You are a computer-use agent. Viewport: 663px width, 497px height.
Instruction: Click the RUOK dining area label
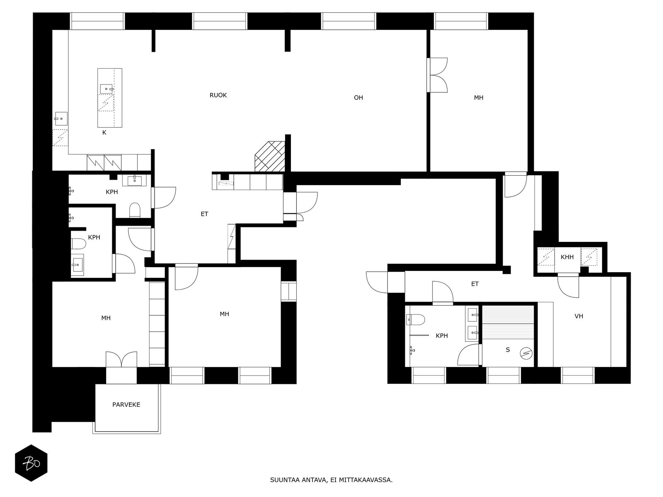(x=218, y=95)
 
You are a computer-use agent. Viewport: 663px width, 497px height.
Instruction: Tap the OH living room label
(x=358, y=98)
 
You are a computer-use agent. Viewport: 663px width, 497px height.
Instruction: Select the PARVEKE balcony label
(x=126, y=405)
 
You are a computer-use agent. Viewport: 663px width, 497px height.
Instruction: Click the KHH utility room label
(x=567, y=257)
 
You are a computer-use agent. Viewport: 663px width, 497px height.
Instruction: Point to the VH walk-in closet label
(x=579, y=316)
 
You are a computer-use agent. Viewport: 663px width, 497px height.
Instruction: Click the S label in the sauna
(x=508, y=350)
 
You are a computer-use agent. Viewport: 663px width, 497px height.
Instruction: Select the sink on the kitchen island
(x=106, y=88)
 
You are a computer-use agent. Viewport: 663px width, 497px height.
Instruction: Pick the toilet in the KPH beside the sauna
(x=416, y=319)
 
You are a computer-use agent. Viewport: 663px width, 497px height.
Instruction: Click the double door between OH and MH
(x=438, y=75)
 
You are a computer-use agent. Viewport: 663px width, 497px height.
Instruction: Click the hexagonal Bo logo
(x=31, y=463)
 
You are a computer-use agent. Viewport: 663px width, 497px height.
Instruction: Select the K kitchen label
(x=104, y=133)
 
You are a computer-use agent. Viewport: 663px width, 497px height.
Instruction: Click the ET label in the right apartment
(x=475, y=284)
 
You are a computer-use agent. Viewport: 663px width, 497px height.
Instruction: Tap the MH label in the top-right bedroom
(x=479, y=98)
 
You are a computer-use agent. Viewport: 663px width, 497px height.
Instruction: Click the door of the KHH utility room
(x=568, y=286)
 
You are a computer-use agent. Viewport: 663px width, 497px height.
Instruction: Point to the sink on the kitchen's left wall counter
(x=60, y=119)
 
